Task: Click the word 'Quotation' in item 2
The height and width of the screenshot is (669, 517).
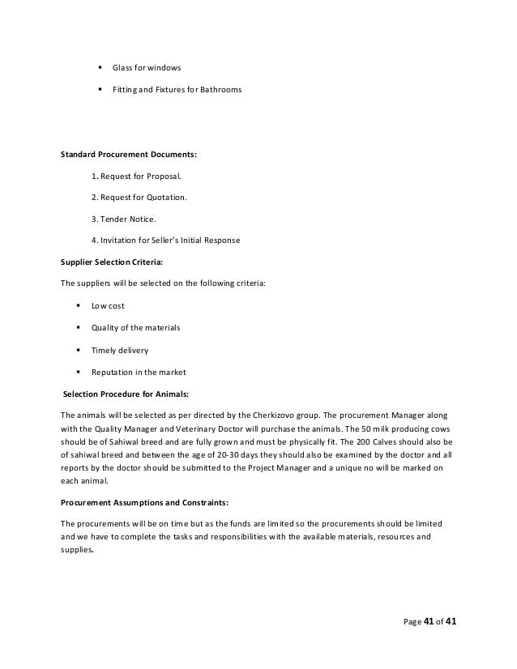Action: click(x=164, y=197)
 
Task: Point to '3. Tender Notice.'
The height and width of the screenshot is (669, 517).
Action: click(x=125, y=219)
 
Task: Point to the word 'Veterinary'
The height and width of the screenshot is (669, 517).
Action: click(x=207, y=429)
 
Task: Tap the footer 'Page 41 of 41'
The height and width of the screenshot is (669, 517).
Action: click(x=429, y=624)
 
